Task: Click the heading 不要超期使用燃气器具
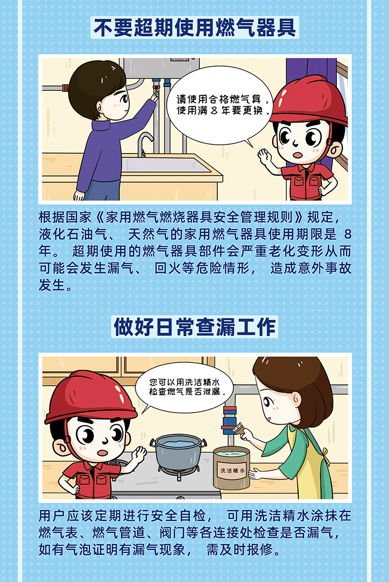pos(194,28)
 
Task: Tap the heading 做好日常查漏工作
pos(194,326)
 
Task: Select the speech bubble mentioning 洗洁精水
pos(184,388)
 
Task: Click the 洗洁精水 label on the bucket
pos(232,471)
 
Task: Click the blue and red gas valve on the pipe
pos(229,420)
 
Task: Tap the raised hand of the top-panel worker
pos(265,156)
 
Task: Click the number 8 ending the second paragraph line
pos(347,235)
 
